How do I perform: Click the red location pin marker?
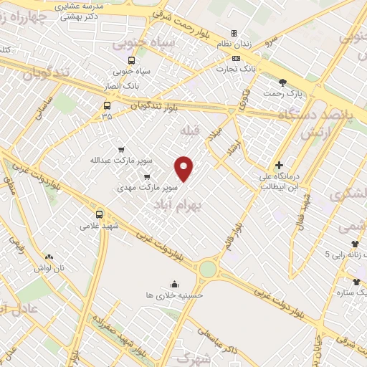[185, 168]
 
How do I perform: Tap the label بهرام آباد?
[179, 205]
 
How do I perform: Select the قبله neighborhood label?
[187, 130]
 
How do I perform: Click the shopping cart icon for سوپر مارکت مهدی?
[147, 176]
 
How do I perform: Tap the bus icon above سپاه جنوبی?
[130, 61]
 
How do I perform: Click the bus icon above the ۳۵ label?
[107, 105]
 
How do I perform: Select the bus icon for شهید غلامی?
[99, 214]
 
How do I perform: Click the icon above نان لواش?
[49, 257]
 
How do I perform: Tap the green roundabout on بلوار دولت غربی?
[208, 269]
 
